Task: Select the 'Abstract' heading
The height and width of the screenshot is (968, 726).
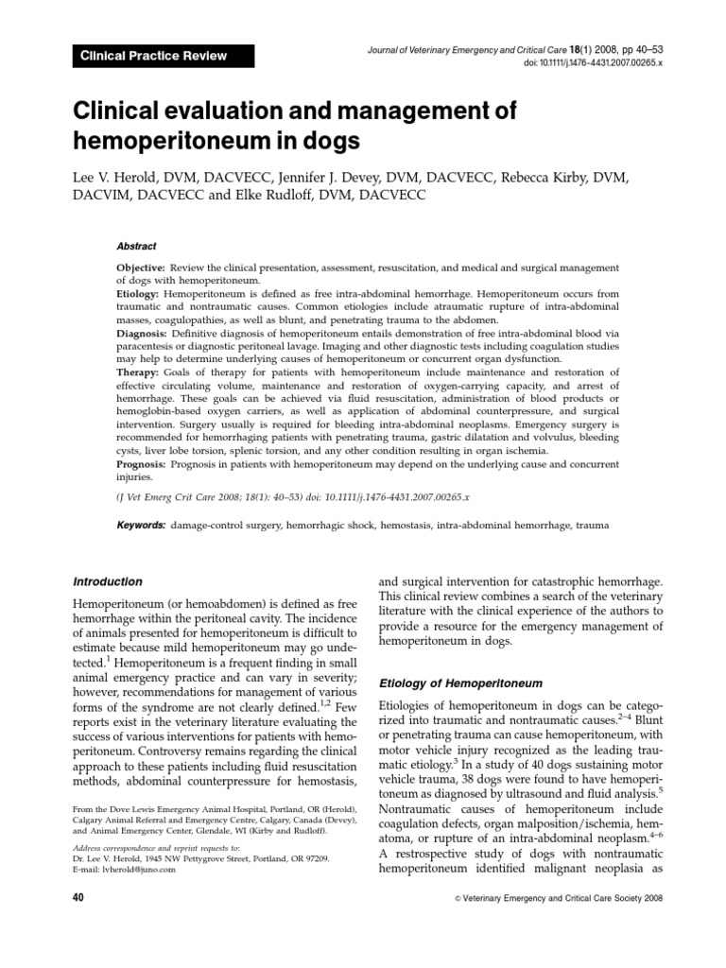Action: (137, 245)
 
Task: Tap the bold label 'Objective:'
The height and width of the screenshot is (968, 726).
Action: (141, 268)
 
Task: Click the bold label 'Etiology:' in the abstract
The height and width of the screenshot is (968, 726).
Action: (139, 295)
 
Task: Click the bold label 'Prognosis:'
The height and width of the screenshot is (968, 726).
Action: (143, 465)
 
